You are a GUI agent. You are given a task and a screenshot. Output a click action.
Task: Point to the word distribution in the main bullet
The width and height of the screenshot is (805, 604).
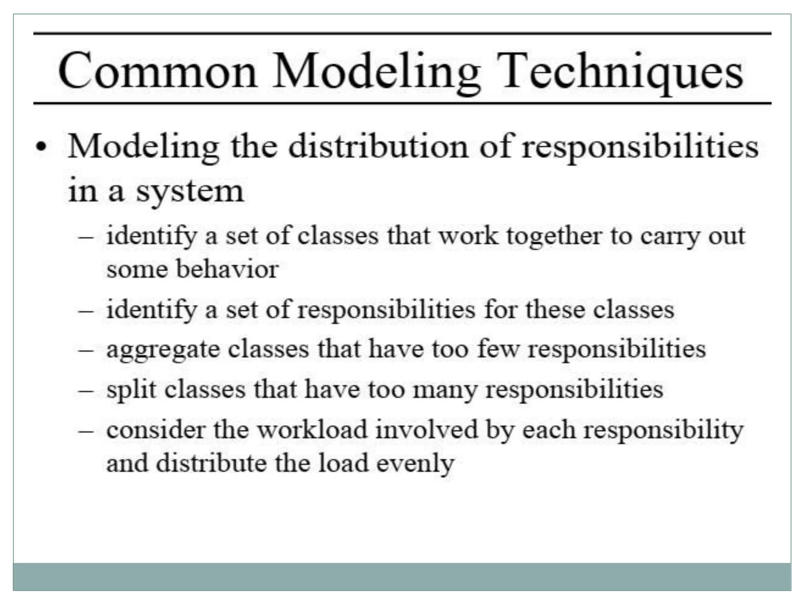click(378, 147)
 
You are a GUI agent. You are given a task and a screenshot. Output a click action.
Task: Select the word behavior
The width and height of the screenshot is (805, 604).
click(227, 269)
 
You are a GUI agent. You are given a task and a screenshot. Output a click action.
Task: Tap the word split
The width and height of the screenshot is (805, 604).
click(131, 390)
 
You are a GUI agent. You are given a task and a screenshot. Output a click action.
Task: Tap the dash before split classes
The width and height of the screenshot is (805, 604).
click(86, 390)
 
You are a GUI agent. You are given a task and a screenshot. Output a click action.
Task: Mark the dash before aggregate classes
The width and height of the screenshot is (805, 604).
click(86, 350)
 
